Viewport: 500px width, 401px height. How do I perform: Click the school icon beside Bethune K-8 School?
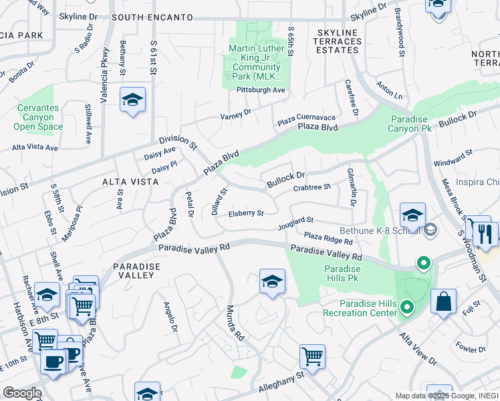(413, 216)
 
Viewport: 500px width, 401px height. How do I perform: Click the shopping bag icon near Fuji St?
(443, 302)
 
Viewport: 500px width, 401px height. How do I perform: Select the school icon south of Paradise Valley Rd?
(272, 282)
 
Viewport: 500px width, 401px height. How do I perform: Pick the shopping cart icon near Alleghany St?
(312, 358)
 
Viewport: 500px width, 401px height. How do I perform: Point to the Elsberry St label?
(246, 214)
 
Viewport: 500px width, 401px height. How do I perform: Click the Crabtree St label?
(312, 188)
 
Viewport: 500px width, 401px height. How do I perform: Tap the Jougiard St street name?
(296, 222)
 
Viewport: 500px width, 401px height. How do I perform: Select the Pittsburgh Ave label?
(261, 90)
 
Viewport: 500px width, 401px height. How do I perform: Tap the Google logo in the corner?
(21, 393)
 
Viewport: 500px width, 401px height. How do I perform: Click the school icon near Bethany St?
(132, 100)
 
